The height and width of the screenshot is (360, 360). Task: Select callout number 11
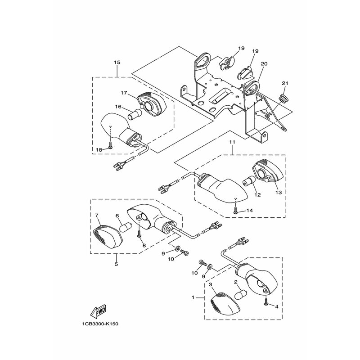[x=232, y=142]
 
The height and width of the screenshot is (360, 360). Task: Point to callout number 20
[x=264, y=64]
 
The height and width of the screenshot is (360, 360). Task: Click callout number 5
[x=116, y=264]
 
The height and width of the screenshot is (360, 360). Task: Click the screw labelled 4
[x=266, y=304]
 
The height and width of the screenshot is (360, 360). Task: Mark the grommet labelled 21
[x=283, y=97]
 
